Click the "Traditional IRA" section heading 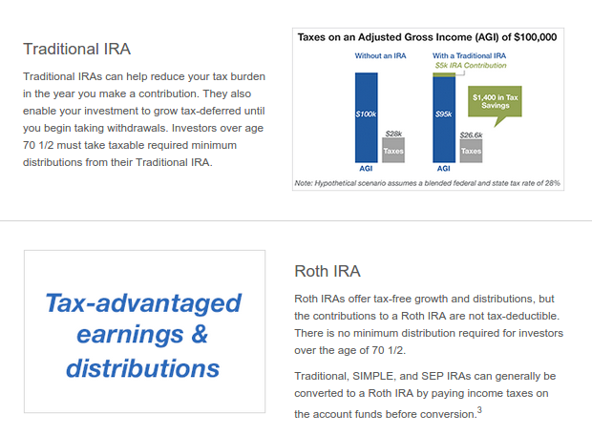coord(77,49)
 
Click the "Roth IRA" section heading coord(328,271)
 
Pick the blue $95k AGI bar coord(443,118)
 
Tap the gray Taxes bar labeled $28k coord(392,151)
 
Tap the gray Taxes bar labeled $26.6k coord(470,151)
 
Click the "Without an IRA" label coord(379,55)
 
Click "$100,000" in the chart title coord(536,38)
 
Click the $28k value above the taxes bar coord(392,133)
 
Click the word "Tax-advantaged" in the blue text coord(143,304)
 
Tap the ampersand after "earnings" coord(199,336)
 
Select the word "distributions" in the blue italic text coord(143,368)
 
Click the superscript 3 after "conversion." coord(479,411)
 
